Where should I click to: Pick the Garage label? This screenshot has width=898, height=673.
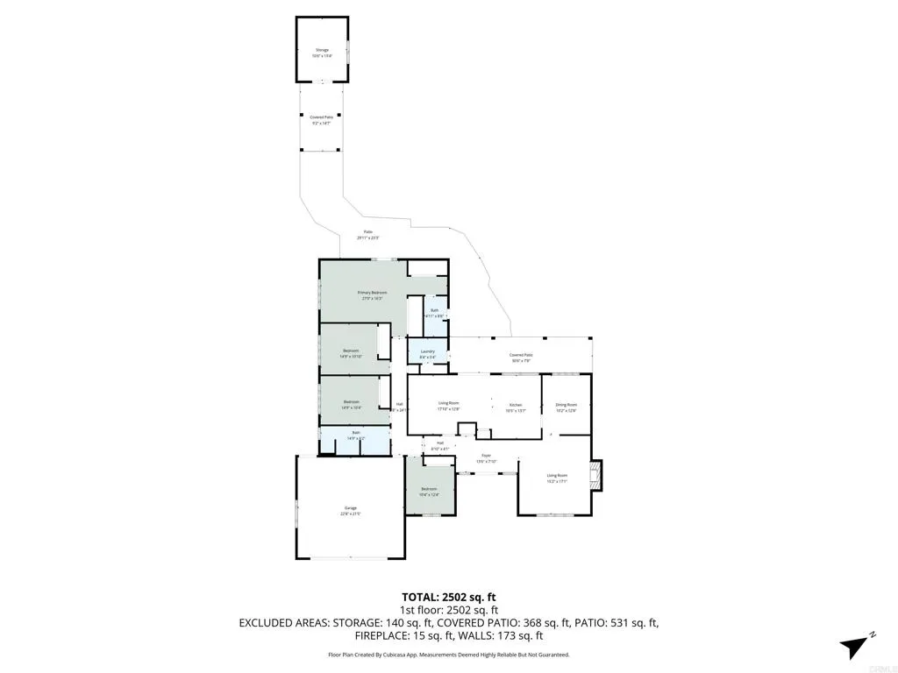[x=350, y=511]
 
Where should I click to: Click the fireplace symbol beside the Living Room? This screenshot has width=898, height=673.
[x=596, y=478]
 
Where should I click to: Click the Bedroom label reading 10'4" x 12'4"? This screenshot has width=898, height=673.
[x=429, y=490]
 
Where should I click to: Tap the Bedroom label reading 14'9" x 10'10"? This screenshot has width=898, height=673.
[x=352, y=353]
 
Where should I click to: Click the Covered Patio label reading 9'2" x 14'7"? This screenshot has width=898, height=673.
[x=321, y=118]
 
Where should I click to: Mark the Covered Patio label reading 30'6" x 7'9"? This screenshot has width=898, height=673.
[x=521, y=357]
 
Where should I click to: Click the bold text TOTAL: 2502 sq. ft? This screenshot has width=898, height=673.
[x=449, y=597]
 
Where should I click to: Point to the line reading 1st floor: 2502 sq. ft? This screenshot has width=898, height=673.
[x=449, y=610]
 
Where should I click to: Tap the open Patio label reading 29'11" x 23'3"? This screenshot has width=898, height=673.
[x=367, y=234]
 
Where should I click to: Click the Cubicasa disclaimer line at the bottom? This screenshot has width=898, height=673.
[x=449, y=655]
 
